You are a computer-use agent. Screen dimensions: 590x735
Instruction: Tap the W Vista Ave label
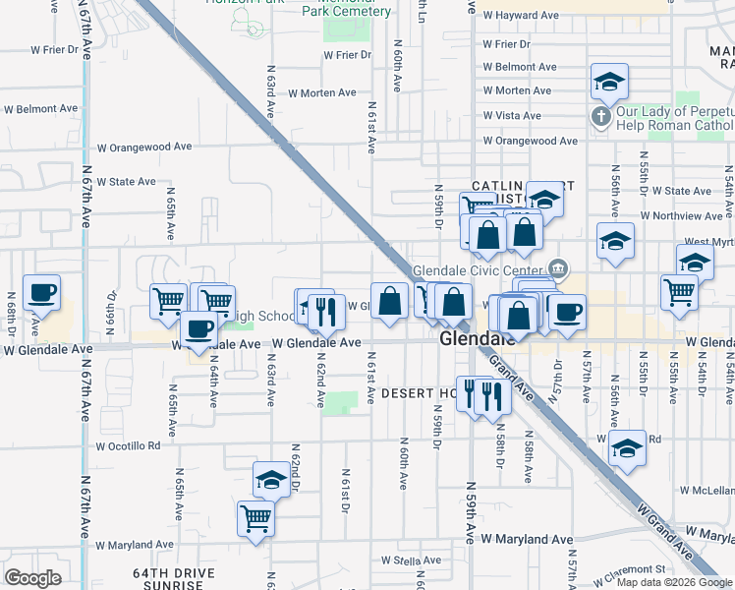click(512, 116)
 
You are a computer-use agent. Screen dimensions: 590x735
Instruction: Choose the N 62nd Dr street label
click(295, 467)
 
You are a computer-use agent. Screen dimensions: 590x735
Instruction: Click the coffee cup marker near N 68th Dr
click(41, 293)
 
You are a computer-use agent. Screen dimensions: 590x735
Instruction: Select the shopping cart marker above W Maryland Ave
click(256, 517)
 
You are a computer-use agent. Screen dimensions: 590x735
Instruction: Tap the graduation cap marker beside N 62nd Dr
click(271, 480)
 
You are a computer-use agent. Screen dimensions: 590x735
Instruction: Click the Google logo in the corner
click(32, 578)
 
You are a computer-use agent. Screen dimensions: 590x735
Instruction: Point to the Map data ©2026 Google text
click(674, 582)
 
